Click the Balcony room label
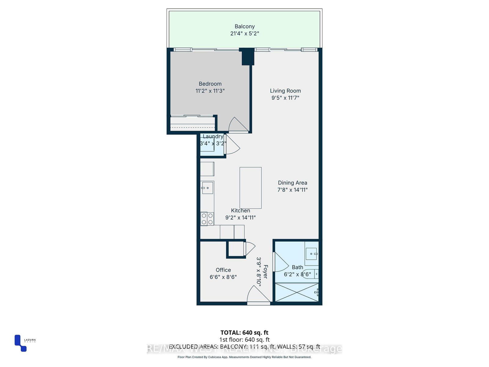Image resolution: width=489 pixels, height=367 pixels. tap(244, 27)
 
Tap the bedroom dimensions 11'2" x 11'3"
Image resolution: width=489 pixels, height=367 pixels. tap(210, 91)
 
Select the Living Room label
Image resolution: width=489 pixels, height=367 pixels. tap(285, 91)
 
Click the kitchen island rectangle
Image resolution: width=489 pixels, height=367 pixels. tap(250, 188)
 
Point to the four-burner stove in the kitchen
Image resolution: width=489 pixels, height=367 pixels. tap(207, 219)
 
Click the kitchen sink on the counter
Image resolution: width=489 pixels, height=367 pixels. tap(207, 187)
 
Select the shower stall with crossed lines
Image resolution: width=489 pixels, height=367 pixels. tap(296, 292)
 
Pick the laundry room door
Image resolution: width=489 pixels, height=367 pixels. tap(232, 145)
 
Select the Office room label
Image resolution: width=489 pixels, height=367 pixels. tap(223, 270)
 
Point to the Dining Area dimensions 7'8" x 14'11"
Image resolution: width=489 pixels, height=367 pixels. tap(292, 190)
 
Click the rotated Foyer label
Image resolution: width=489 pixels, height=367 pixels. tap(265, 272)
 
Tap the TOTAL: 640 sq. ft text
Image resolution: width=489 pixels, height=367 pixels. tap(244, 332)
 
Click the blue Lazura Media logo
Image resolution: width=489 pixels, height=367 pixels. tap(20, 343)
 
